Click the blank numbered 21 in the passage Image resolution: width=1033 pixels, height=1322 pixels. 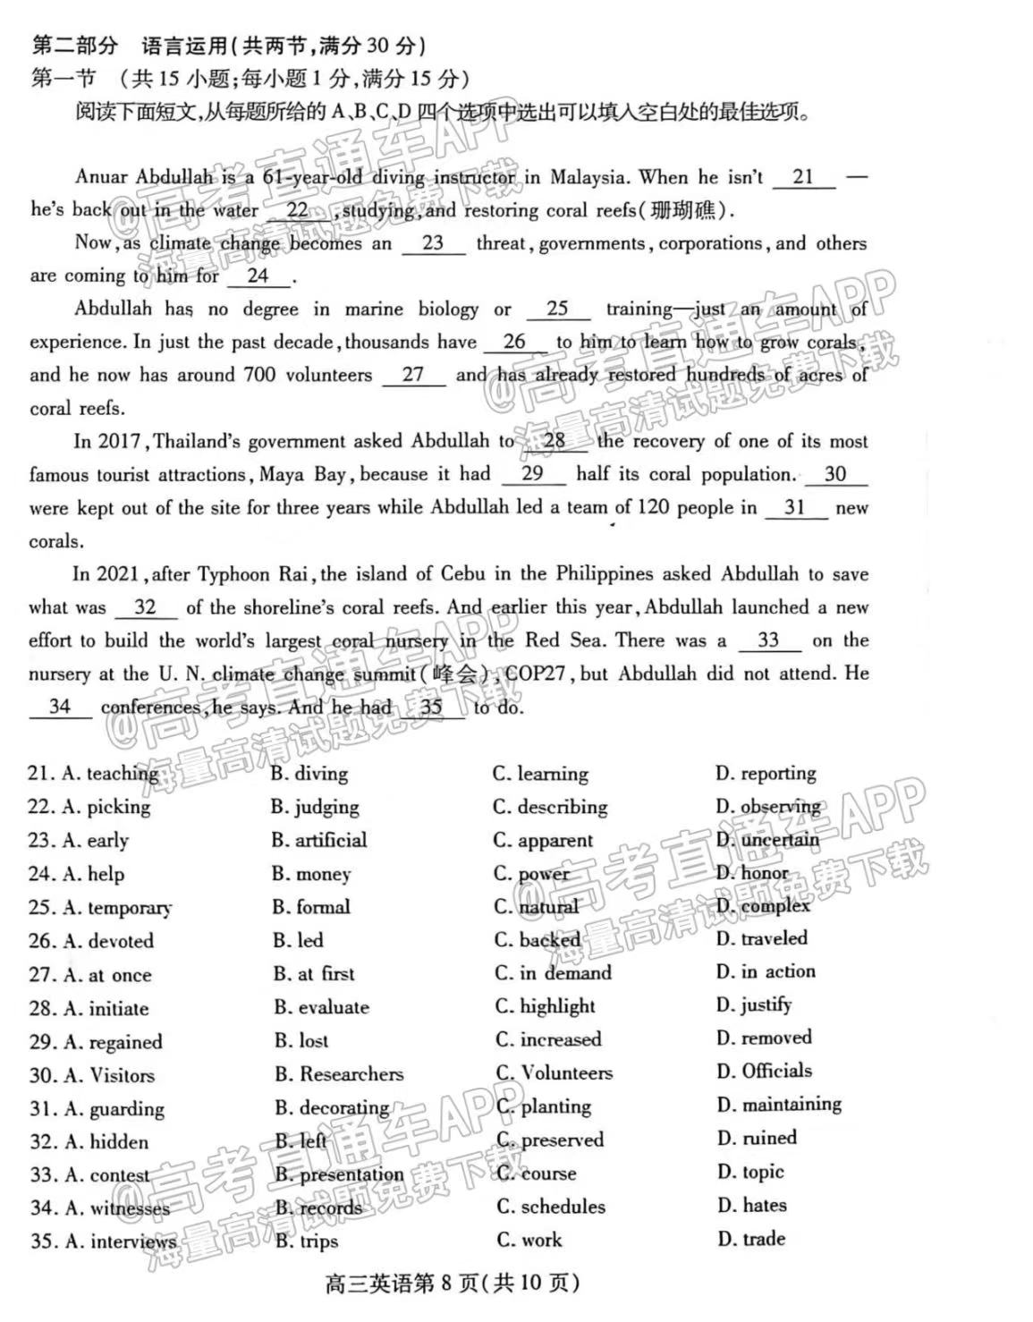click(x=802, y=177)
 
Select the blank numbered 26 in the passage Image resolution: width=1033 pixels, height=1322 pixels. click(x=514, y=342)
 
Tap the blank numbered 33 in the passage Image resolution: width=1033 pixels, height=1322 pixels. click(x=767, y=640)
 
